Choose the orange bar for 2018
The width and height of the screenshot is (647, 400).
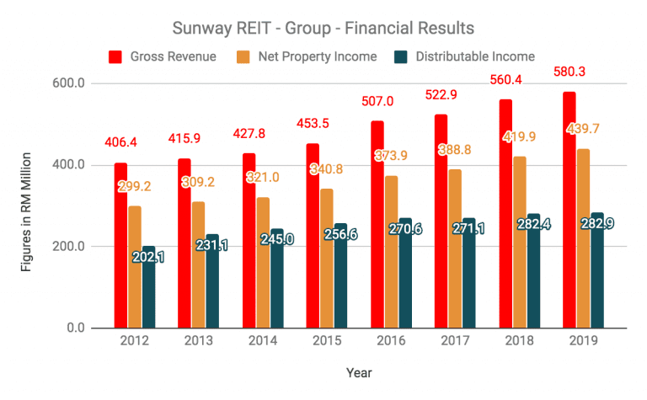521,253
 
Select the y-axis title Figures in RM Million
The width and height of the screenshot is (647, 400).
28,206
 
